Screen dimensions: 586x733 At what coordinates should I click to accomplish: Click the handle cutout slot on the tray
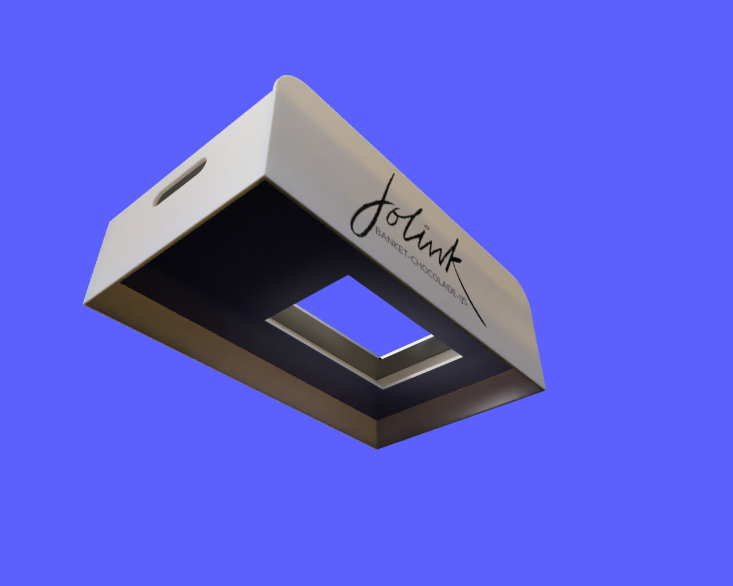pos(180,182)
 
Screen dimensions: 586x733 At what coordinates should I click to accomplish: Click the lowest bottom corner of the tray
pos(376,448)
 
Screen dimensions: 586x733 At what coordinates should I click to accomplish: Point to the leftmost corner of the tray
pos(85,303)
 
